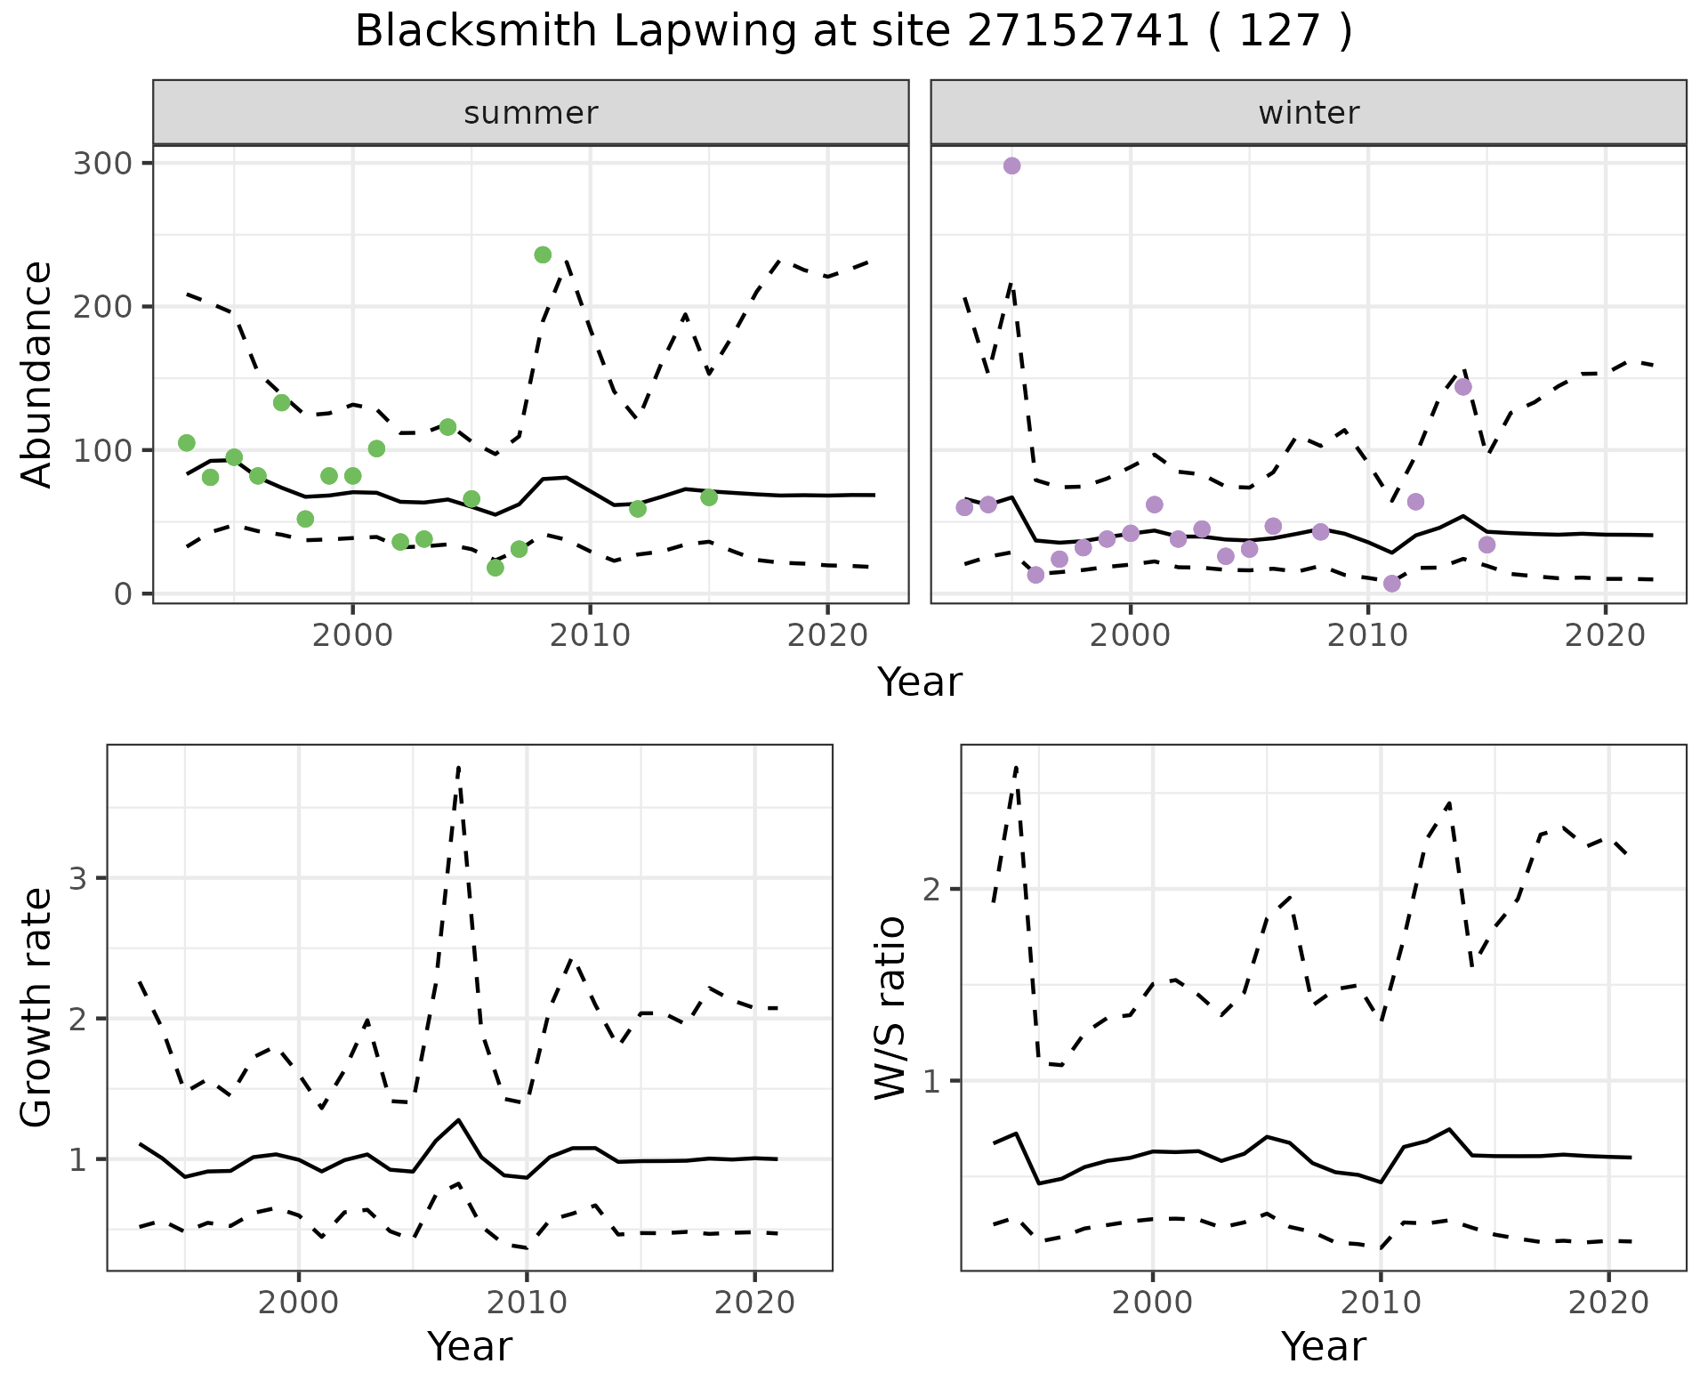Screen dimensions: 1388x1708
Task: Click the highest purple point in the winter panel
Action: pos(1011,166)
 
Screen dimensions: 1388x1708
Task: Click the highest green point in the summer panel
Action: pos(543,255)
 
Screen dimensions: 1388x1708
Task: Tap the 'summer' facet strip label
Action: pos(531,113)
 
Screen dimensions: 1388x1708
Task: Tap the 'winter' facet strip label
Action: pos(1309,113)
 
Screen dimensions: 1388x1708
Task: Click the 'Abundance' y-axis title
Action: pos(37,375)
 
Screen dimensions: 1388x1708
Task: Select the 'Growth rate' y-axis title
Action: pos(37,1007)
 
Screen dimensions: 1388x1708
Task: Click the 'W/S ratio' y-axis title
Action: pos(890,1007)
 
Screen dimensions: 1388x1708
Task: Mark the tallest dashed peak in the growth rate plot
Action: pos(458,767)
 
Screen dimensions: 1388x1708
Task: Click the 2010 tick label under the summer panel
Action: pos(591,636)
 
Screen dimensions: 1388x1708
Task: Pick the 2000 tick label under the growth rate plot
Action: pos(298,1303)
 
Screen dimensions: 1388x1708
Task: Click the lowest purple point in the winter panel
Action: pos(1392,584)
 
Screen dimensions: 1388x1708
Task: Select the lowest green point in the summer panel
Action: pos(495,568)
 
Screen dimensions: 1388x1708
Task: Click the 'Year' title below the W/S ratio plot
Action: pos(1324,1347)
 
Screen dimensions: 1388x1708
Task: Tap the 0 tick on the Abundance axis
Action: pos(123,594)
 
